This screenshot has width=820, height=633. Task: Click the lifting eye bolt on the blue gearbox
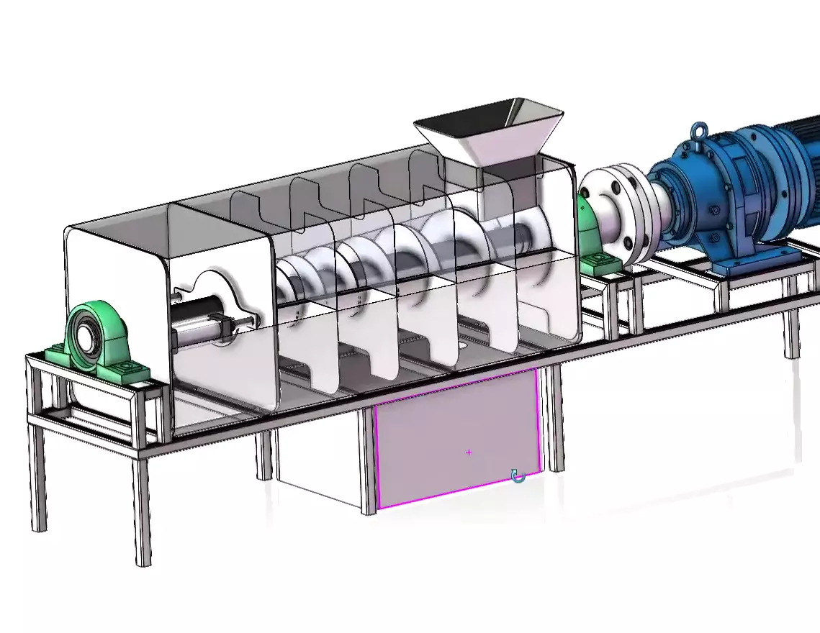697,131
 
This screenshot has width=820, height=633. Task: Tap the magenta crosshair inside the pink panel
469,452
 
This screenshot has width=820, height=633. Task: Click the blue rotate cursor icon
518,475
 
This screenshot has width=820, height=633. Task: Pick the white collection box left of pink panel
320,468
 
